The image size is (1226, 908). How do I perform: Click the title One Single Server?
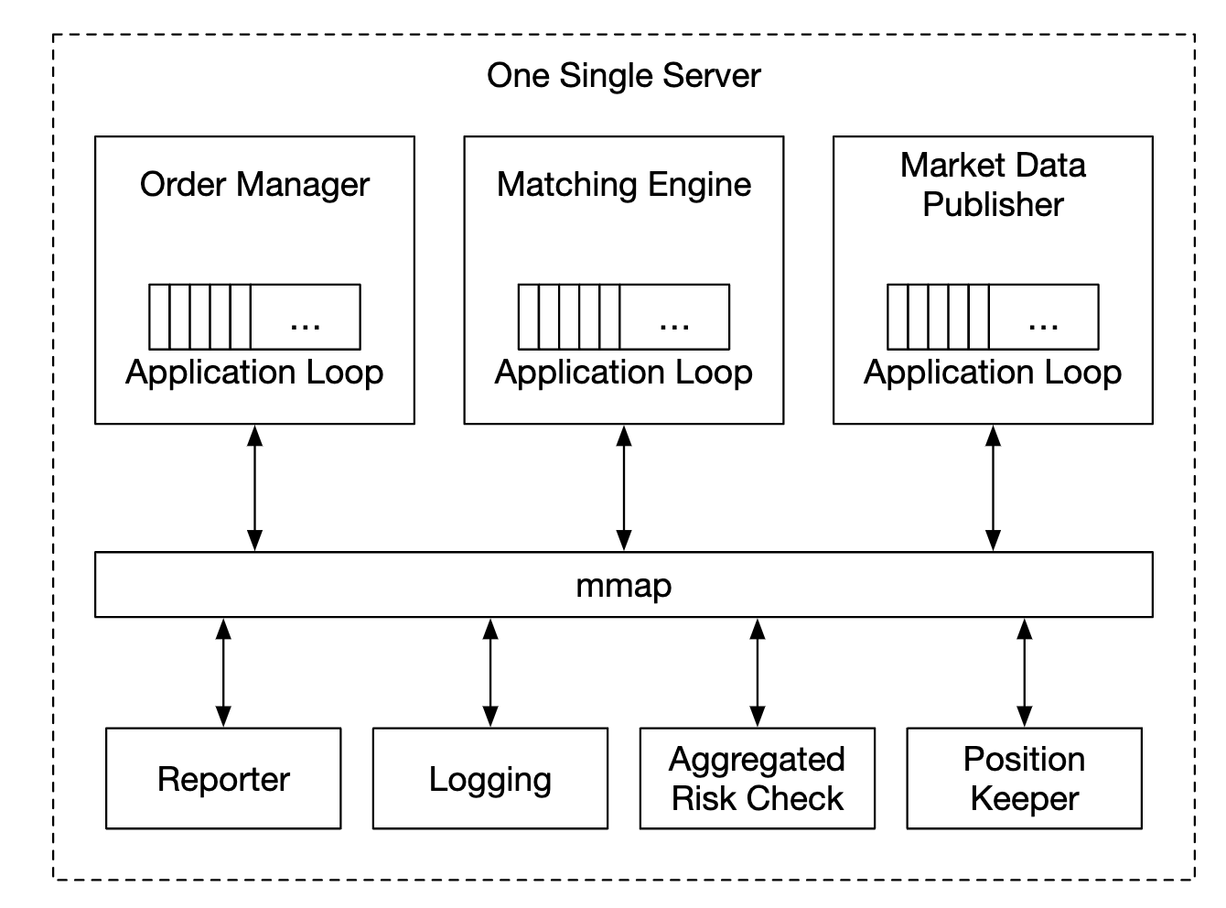click(623, 75)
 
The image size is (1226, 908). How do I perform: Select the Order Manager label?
click(254, 184)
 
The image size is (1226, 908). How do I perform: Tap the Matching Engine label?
click(623, 184)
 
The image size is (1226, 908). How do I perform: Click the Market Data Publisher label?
click(993, 184)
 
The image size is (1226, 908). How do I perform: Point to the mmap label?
click(623, 585)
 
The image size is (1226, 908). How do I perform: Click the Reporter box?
click(223, 779)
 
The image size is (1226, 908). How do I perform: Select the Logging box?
click(490, 779)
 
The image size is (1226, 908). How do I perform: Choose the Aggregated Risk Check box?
click(757, 779)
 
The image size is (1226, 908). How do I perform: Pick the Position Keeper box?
click(1024, 779)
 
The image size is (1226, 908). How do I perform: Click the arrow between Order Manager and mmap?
click(255, 488)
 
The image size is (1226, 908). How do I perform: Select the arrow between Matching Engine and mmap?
click(624, 488)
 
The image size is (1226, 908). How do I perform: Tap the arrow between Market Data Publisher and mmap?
click(993, 488)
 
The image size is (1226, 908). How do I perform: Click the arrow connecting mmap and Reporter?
click(223, 673)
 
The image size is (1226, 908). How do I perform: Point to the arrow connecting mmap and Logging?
click(490, 673)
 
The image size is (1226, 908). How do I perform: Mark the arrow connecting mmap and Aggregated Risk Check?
click(757, 673)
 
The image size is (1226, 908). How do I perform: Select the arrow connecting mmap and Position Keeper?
click(1024, 673)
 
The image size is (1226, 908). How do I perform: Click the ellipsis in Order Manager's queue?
click(305, 322)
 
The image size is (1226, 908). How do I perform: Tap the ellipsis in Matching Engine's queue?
click(674, 322)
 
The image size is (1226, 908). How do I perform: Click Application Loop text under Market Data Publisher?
click(993, 373)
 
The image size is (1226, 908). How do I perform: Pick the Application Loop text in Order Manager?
click(254, 373)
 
